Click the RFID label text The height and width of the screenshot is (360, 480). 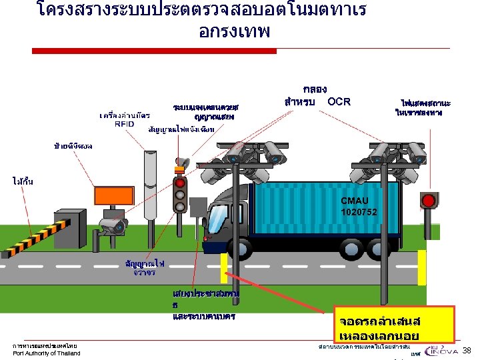pos(124,124)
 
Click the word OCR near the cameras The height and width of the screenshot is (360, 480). pos(339,101)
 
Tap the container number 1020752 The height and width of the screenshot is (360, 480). pos(359,212)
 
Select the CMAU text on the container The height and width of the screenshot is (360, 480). pos(355,201)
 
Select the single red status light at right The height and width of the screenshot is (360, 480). pos(429,200)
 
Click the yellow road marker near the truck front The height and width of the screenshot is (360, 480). pos(224,268)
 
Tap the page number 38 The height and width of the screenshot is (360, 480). pos(467,351)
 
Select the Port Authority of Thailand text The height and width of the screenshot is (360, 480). pos(47,353)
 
